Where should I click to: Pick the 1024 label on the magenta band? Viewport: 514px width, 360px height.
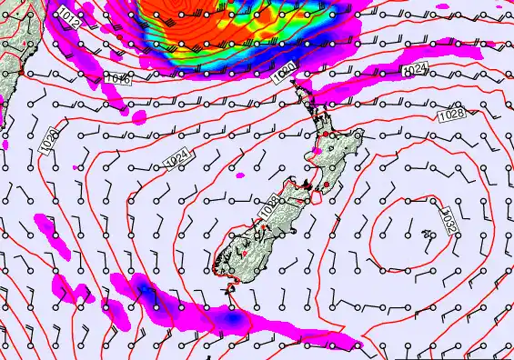(x=415, y=69)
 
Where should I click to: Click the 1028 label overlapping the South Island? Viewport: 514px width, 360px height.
(x=267, y=208)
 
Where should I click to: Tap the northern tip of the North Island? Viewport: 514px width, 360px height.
(x=294, y=84)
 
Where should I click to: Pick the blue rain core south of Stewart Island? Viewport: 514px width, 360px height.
(x=234, y=320)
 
